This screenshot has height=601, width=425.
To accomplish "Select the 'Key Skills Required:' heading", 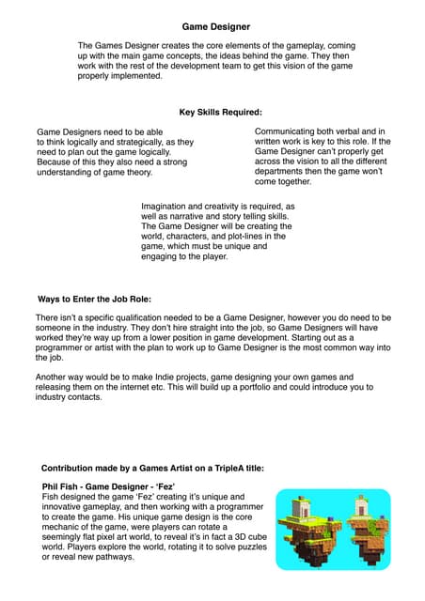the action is coord(220,113).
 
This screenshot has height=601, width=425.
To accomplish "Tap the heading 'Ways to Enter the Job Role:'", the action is coord(94,300).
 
